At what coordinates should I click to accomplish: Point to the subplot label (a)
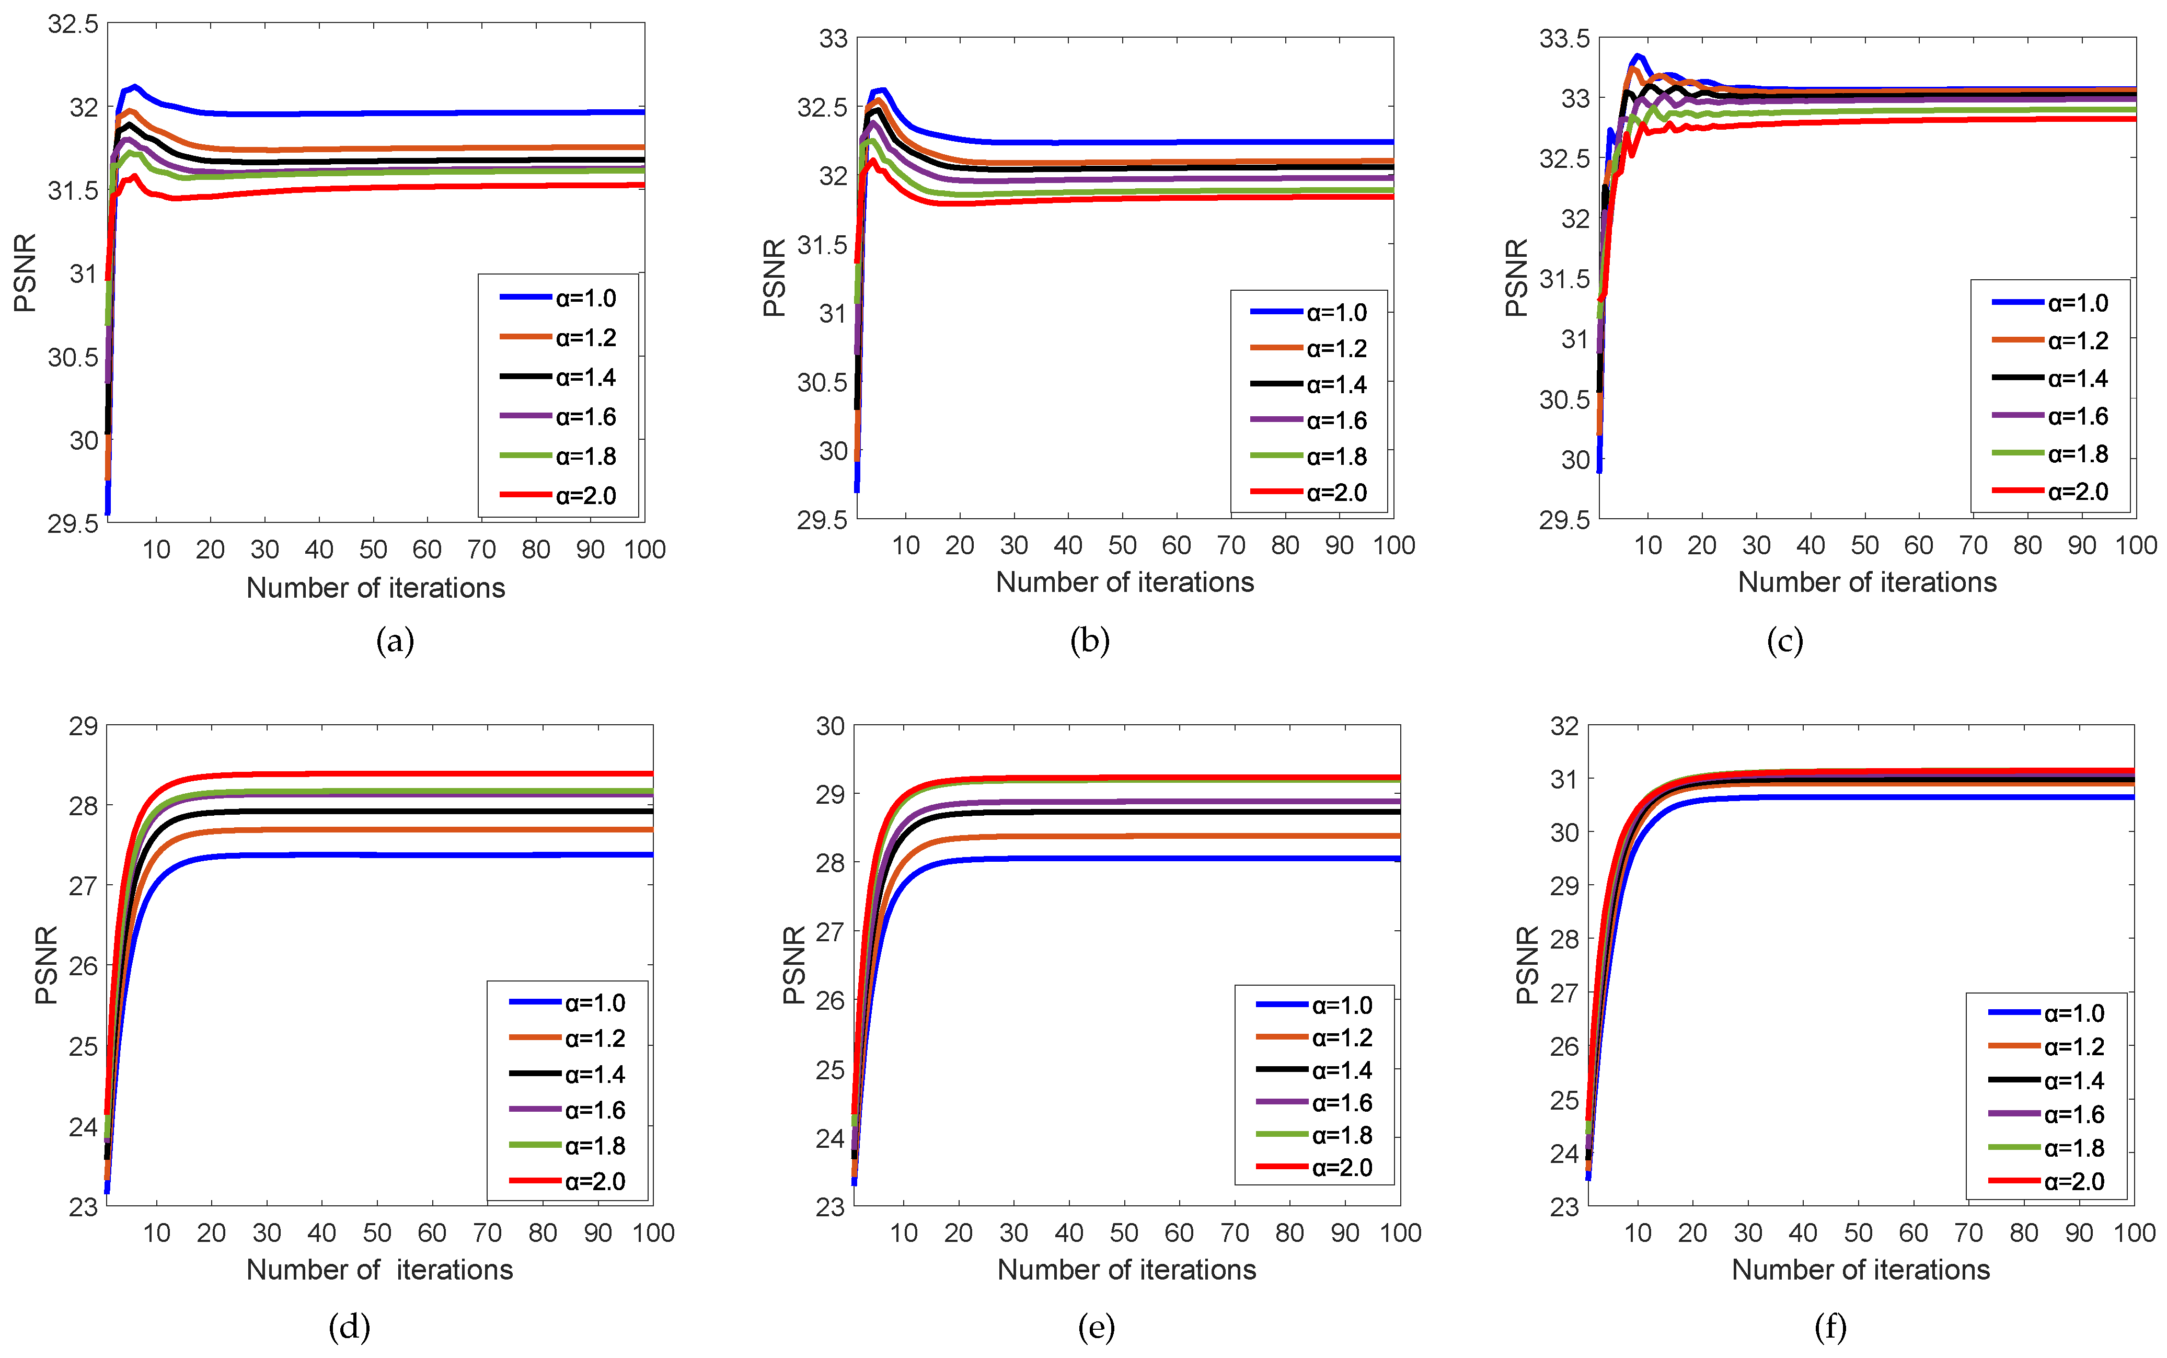395,641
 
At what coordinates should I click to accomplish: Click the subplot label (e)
1096,1327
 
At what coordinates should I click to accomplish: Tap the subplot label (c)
1784,641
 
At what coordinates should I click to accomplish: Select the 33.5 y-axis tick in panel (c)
1564,39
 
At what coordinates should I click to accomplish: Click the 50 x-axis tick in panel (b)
1122,545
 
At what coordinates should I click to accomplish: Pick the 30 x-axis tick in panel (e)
1013,1233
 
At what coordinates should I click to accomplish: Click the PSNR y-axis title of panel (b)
774,278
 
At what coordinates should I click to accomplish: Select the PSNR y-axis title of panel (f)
1527,965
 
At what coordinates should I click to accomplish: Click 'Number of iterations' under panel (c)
1867,582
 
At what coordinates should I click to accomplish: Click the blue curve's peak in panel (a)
135,87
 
